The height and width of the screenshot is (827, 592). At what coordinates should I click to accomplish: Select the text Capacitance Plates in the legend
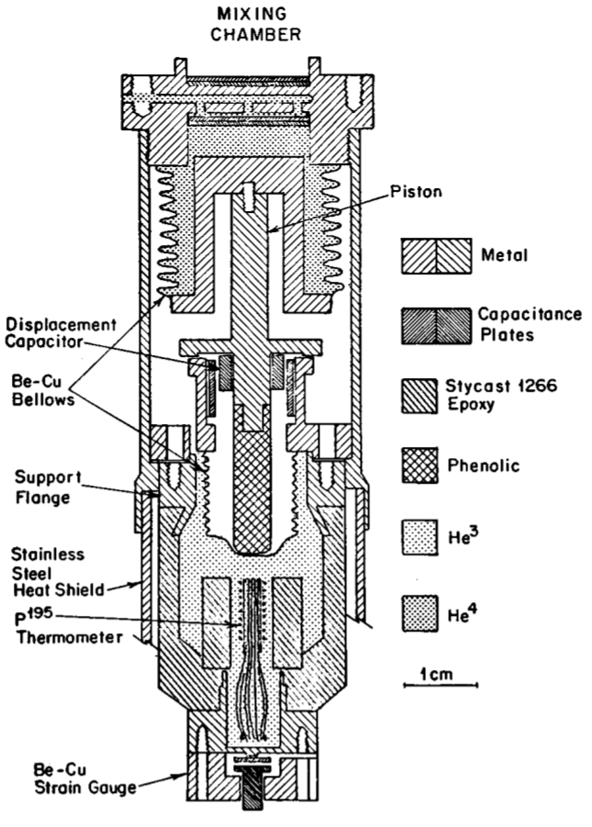tap(532, 324)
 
